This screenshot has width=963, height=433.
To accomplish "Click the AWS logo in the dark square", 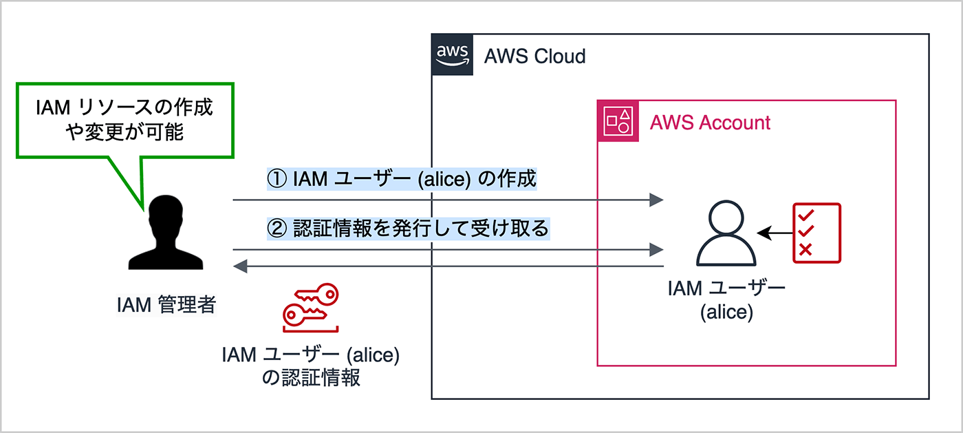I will [453, 54].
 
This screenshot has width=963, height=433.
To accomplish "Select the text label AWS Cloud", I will [534, 56].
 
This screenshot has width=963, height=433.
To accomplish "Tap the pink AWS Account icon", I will [618, 121].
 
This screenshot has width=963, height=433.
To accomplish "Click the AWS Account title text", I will [710, 123].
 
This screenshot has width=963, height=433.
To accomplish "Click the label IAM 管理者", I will [166, 304].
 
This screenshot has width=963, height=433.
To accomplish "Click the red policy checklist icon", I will [816, 233].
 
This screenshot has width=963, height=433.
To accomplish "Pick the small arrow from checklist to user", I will [774, 234].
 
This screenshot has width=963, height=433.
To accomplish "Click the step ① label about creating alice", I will [401, 180].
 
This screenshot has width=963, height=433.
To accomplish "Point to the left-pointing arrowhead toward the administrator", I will [240, 266].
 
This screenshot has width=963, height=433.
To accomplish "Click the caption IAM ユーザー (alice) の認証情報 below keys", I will [311, 366].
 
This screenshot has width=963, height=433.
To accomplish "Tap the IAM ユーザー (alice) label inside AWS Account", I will [726, 299].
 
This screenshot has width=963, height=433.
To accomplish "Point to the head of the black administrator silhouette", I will [166, 214].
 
